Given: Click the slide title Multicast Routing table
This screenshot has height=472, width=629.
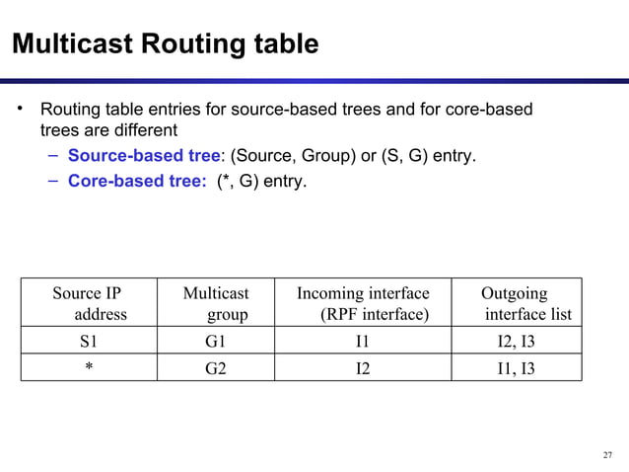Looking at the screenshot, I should click(164, 44).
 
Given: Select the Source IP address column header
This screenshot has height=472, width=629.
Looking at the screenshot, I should click(91, 303).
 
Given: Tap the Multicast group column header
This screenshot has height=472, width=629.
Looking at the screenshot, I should click(216, 303).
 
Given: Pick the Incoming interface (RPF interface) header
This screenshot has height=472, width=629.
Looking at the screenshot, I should click(363, 303).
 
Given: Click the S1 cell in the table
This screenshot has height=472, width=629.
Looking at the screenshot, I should click(89, 344).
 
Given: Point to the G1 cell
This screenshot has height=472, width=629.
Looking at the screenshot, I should click(216, 344).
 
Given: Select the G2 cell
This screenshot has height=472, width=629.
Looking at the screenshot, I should click(216, 368).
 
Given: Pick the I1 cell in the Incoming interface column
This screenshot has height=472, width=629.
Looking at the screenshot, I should click(362, 344).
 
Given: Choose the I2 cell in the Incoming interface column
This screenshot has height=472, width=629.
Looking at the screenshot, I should click(362, 368).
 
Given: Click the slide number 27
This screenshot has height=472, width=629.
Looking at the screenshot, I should click(606, 455).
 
